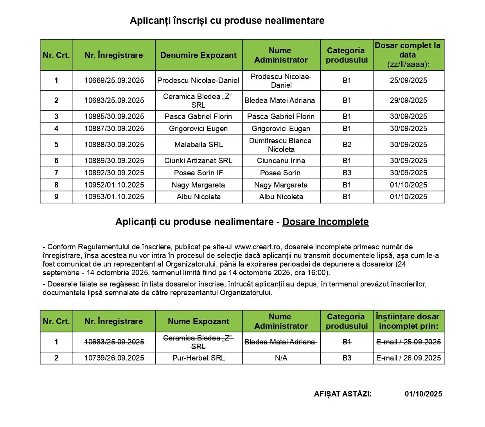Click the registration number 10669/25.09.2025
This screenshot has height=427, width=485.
tap(114, 81)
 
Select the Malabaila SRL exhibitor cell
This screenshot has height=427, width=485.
tap(199, 145)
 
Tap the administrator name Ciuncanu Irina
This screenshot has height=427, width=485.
tap(281, 161)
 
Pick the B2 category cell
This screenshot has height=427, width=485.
tap(347, 145)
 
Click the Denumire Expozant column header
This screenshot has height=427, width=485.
tap(199, 55)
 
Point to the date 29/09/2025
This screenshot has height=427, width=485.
tap(408, 101)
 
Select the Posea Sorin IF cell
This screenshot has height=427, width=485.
tap(199, 173)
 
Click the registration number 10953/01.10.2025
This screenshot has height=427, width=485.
tap(114, 197)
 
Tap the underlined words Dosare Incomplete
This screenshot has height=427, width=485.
tap(325, 222)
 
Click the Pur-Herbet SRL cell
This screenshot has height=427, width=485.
tap(199, 358)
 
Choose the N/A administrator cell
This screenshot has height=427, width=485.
tap(281, 358)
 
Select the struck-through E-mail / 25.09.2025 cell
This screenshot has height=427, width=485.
tap(408, 342)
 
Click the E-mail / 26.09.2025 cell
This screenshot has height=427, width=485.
tap(408, 358)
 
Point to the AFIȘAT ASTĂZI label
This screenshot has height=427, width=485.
tap(343, 394)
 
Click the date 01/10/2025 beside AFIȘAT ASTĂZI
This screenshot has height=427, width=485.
tap(423, 394)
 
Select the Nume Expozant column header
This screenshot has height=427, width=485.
tap(199, 321)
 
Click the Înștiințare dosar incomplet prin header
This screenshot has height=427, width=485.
tap(408, 321)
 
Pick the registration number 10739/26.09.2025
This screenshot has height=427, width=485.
tap(114, 358)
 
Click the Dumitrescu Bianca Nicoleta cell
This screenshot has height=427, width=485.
tap(281, 145)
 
